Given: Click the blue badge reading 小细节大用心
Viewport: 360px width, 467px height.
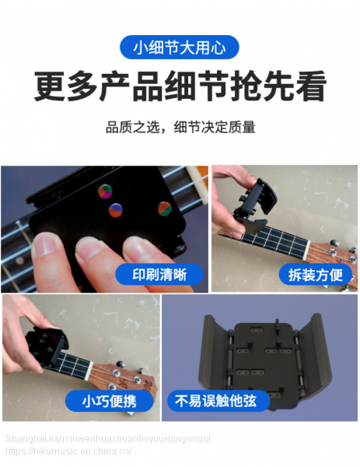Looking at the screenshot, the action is tap(180, 47).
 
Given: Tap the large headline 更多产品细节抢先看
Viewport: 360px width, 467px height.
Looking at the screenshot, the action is tap(180, 86).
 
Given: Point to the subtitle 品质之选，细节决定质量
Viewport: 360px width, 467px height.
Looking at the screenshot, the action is tap(180, 127).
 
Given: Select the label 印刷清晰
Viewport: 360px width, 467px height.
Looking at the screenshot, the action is tap(159, 275).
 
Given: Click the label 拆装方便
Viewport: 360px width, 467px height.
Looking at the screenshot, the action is tap(316, 275).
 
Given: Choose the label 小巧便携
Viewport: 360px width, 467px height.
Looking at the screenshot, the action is tap(109, 401).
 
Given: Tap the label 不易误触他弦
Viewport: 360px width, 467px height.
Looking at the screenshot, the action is tap(215, 401).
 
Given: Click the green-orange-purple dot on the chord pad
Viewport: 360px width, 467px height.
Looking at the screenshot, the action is tap(105, 191).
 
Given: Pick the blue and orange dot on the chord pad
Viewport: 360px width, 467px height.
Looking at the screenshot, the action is tap(115, 210).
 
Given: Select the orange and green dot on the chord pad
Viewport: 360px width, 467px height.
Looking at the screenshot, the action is tap(164, 208).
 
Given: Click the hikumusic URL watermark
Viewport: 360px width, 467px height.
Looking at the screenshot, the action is tap(68, 451).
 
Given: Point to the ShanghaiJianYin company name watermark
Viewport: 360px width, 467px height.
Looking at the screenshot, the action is tap(108, 439).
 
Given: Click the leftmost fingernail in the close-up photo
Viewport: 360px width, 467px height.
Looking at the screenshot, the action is tap(45, 244).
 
